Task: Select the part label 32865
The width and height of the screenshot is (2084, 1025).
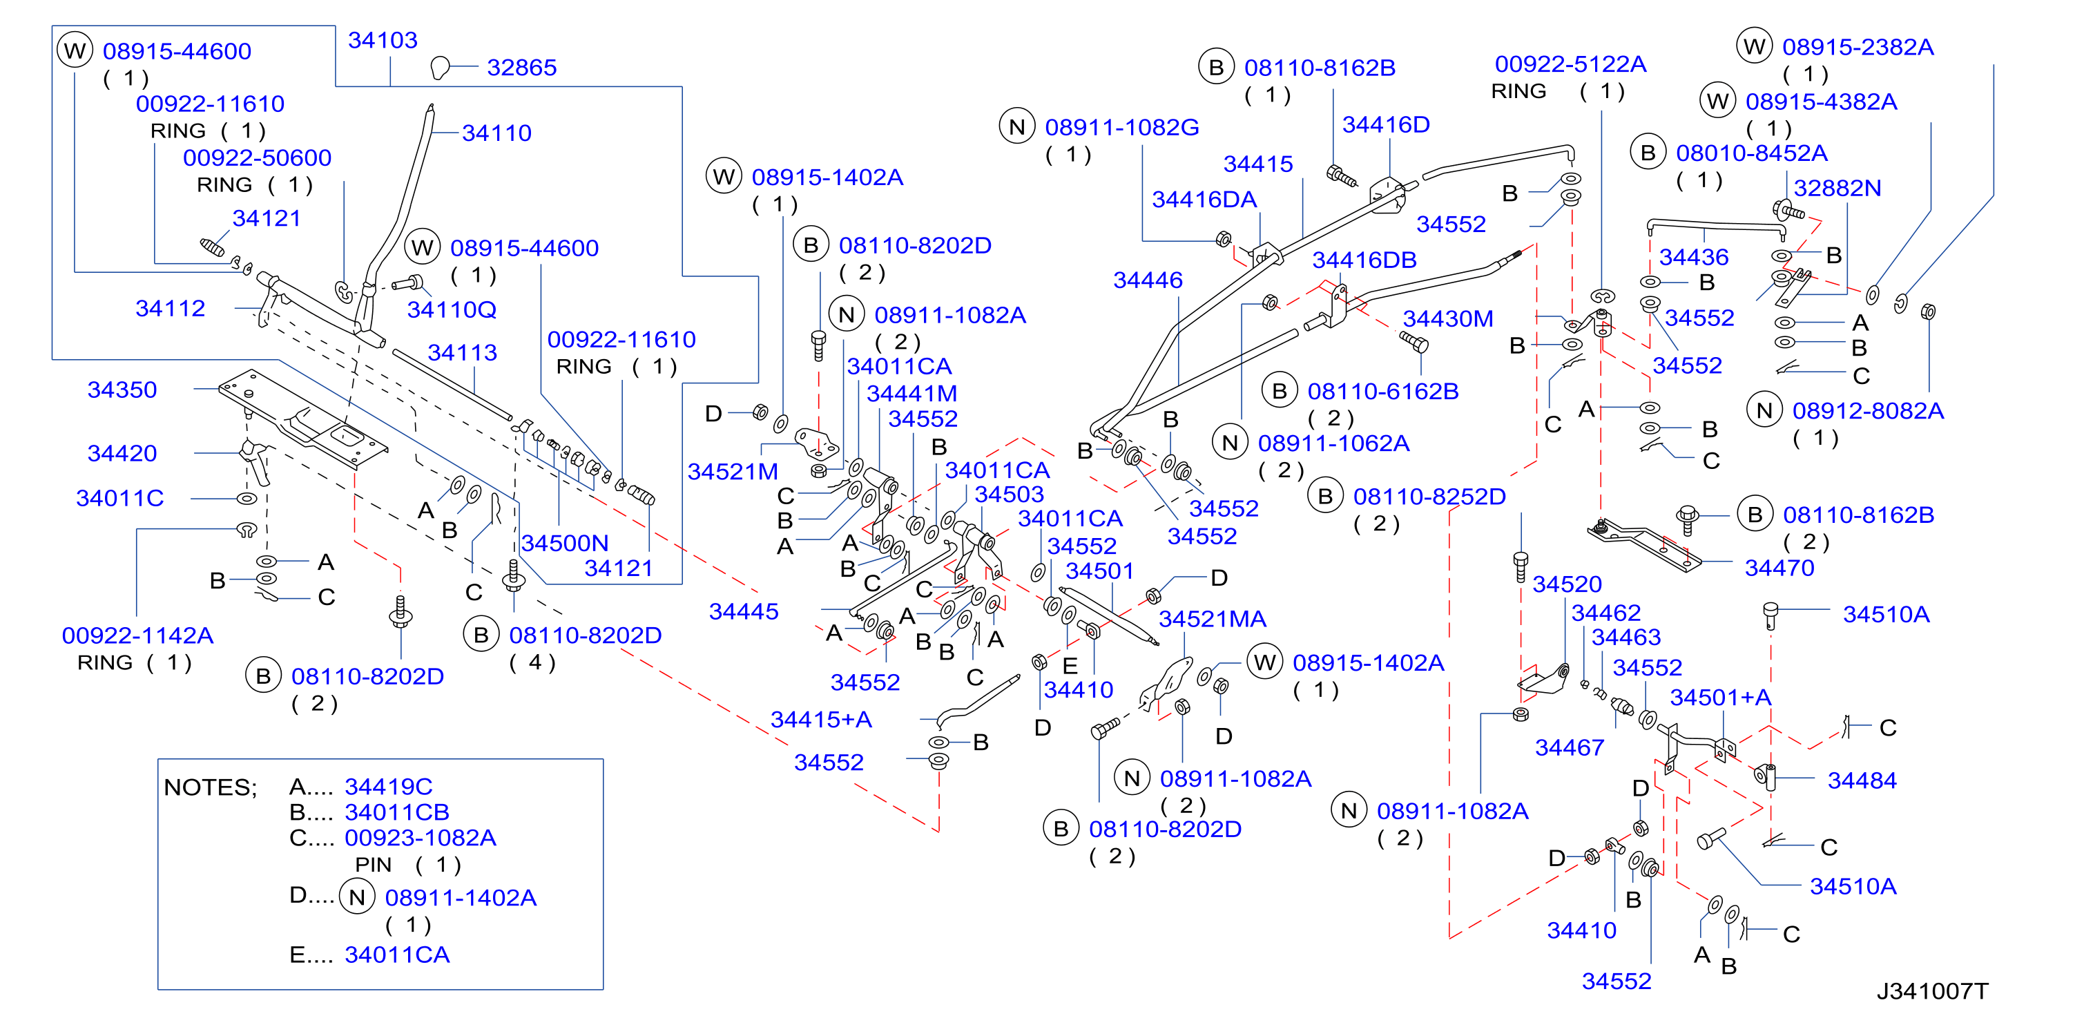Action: [522, 67]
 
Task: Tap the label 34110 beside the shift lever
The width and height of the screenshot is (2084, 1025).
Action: [496, 133]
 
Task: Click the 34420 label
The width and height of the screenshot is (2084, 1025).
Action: [122, 453]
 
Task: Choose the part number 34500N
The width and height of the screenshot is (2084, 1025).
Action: [565, 543]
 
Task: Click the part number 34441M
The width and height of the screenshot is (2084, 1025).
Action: [911, 393]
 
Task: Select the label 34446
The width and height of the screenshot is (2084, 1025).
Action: [1148, 280]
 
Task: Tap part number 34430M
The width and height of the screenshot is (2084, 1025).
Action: [1448, 318]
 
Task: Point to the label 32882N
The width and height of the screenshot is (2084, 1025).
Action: [1837, 188]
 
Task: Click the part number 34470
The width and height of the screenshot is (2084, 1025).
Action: [1779, 568]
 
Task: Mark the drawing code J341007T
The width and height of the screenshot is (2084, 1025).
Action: [1932, 991]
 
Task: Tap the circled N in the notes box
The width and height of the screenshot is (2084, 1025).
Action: [357, 897]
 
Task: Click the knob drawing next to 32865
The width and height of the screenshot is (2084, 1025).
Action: [440, 68]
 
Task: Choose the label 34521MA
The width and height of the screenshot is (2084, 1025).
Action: [1213, 619]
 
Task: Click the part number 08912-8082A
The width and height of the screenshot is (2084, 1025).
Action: [1868, 411]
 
